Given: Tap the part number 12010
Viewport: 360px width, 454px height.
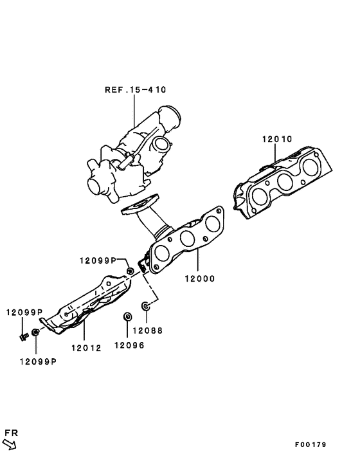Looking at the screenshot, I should pyautogui.click(x=277, y=139).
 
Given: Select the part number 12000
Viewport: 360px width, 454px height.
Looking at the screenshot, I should pyautogui.click(x=199, y=279).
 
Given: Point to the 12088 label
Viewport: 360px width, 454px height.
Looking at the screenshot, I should pyautogui.click(x=148, y=331).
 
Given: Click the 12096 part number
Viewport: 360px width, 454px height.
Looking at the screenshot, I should pyautogui.click(x=129, y=345).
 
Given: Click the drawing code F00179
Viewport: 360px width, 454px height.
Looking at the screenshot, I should pyautogui.click(x=311, y=444).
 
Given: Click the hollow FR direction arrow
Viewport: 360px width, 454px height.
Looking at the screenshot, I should pyautogui.click(x=10, y=443).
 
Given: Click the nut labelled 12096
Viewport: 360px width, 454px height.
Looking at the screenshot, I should pyautogui.click(x=127, y=317).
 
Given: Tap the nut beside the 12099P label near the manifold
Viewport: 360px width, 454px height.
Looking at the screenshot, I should pyautogui.click(x=130, y=271).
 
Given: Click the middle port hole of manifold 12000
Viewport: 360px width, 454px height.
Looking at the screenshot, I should pyautogui.click(x=187, y=237).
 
